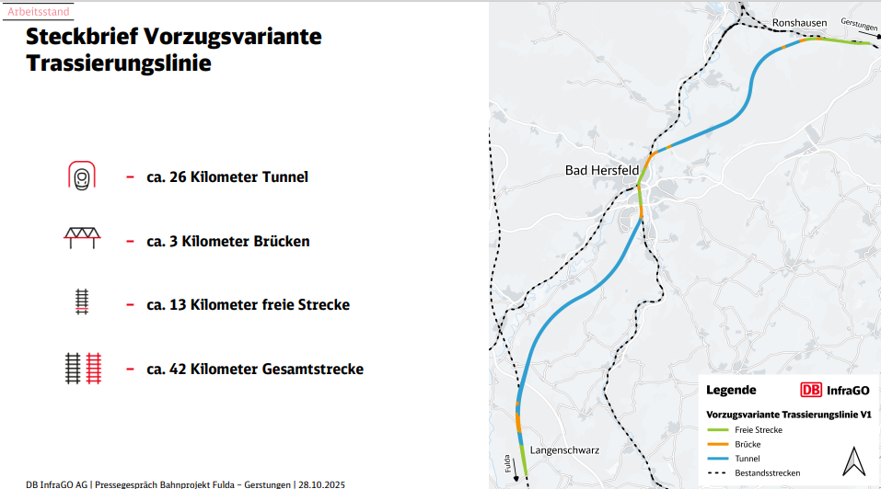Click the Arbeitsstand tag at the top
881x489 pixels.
(37, 11)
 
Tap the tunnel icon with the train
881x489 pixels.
(82, 176)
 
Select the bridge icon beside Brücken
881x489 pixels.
(82, 240)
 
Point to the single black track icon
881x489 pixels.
(82, 303)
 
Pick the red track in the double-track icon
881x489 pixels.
(93, 368)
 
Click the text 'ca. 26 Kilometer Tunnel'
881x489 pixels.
(227, 176)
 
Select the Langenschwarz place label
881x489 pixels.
(565, 450)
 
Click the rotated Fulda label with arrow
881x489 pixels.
(509, 460)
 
